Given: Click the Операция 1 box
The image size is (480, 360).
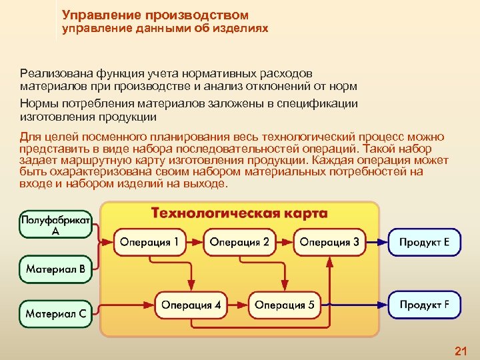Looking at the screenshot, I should [x=149, y=242].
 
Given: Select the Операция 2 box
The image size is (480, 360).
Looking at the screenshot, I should [x=239, y=242].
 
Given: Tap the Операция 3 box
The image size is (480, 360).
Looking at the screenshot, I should [x=329, y=242].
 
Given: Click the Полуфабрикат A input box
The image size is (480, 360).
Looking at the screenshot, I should [x=56, y=225].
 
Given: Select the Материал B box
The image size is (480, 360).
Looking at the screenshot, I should [x=56, y=270].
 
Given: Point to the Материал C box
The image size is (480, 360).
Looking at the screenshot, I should [x=56, y=312].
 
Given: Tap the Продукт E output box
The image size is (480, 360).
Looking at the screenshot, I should [x=425, y=242].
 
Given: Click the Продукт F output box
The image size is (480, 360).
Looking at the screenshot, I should [x=425, y=305].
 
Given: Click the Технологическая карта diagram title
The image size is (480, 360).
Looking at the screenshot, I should [x=239, y=214].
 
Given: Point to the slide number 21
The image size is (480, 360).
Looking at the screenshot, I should [x=460, y=351].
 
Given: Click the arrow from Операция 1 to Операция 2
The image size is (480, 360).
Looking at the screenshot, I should [x=194, y=242].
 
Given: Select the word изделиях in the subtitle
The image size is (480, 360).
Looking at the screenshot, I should [x=241, y=29].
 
